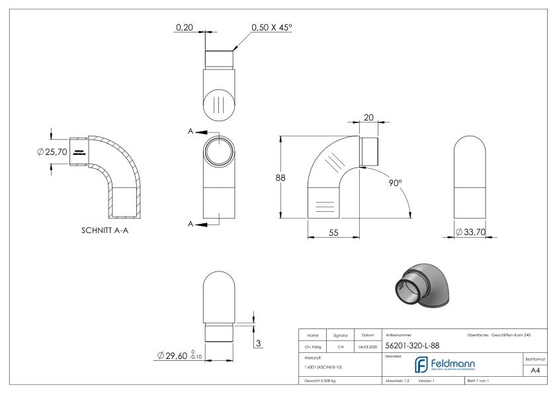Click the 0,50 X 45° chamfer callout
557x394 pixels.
point(272,28)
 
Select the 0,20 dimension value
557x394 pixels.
point(185,28)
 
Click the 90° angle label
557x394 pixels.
point(396,182)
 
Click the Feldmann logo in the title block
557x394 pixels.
point(450,365)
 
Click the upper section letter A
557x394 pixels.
point(191,132)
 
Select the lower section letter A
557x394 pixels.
point(191,224)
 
